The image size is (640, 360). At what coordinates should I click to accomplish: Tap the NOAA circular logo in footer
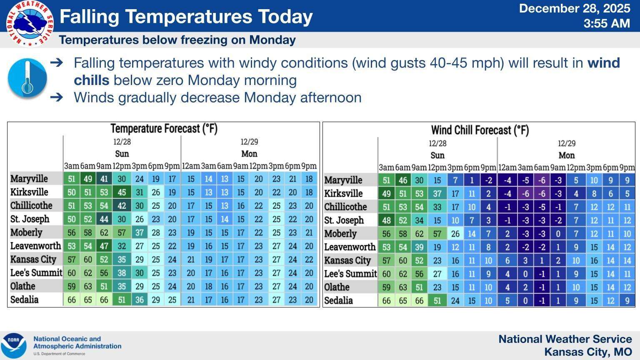click(x=14, y=345)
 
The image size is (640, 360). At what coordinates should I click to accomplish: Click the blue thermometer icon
click(x=27, y=78)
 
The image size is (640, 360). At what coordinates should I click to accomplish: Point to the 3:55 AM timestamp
click(x=606, y=23)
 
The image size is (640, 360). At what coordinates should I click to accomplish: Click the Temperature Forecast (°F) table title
click(x=164, y=129)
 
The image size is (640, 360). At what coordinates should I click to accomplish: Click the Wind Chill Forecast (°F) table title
click(x=480, y=130)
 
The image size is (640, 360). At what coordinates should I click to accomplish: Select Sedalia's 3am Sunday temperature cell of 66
click(x=72, y=300)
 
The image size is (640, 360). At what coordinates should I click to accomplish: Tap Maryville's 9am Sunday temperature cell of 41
click(x=104, y=179)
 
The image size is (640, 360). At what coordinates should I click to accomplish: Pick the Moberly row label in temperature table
click(x=26, y=232)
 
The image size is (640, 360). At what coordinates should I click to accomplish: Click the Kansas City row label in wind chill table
click(x=347, y=260)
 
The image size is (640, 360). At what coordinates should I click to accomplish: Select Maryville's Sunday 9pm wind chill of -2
click(x=488, y=180)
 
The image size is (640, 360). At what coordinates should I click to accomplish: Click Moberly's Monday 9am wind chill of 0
click(x=558, y=234)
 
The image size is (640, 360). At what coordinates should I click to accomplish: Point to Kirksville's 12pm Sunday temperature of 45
click(x=122, y=192)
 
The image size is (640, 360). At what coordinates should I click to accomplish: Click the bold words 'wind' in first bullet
click(x=603, y=63)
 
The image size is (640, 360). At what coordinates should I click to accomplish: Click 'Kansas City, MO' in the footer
click(x=588, y=352)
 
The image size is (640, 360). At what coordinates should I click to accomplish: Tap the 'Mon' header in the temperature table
click(x=249, y=154)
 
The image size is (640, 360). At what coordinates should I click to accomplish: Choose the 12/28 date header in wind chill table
click(x=437, y=143)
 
